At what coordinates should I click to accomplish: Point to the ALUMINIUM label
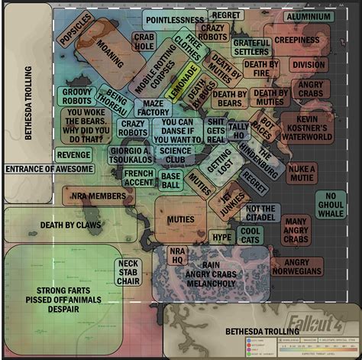click(309, 16)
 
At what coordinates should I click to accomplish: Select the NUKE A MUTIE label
click(302, 173)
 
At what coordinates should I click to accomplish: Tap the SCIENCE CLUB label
click(176, 155)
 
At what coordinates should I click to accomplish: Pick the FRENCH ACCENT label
click(139, 177)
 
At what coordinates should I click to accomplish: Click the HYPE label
click(221, 237)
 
